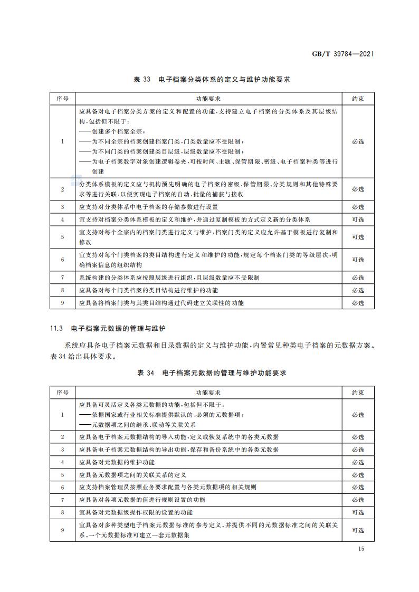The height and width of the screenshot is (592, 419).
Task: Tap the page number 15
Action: (x=361, y=549)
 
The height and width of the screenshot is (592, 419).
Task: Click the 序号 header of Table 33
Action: (x=62, y=99)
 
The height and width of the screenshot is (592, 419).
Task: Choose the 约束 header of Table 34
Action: (x=358, y=393)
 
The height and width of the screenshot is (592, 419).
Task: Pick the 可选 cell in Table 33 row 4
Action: (x=358, y=219)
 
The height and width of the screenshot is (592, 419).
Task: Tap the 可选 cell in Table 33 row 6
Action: (x=358, y=260)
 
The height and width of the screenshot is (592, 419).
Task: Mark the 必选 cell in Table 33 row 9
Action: (x=358, y=303)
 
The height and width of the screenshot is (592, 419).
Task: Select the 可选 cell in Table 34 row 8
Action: (x=358, y=512)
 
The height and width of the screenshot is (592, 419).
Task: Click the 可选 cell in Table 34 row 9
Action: (x=358, y=530)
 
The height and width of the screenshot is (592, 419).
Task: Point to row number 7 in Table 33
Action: (x=62, y=278)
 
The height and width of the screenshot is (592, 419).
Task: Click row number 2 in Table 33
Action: (x=62, y=189)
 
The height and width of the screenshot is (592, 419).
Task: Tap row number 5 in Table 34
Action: (x=62, y=475)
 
